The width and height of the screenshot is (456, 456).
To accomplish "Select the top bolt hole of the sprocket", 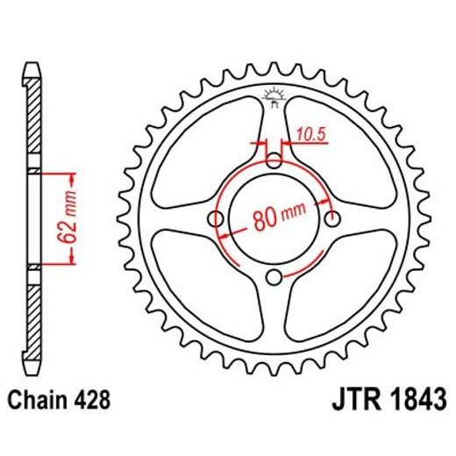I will tap(274, 160).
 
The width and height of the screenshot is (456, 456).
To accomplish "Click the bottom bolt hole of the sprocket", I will tap(274, 277).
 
